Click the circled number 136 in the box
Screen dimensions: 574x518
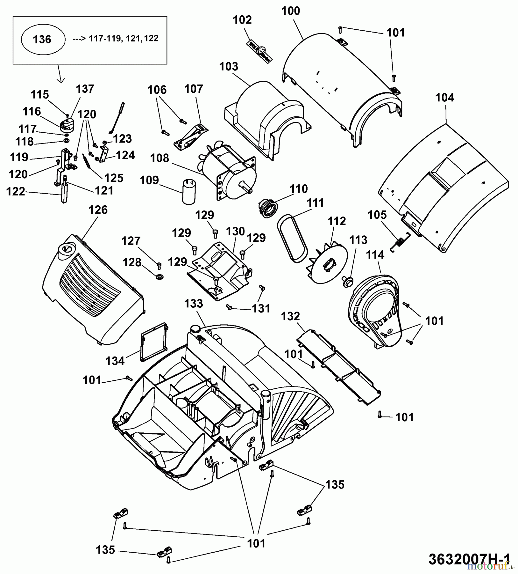[42, 40]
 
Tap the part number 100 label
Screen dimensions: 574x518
[291, 11]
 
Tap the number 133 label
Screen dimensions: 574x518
[194, 303]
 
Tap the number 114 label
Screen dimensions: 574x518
[375, 255]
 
